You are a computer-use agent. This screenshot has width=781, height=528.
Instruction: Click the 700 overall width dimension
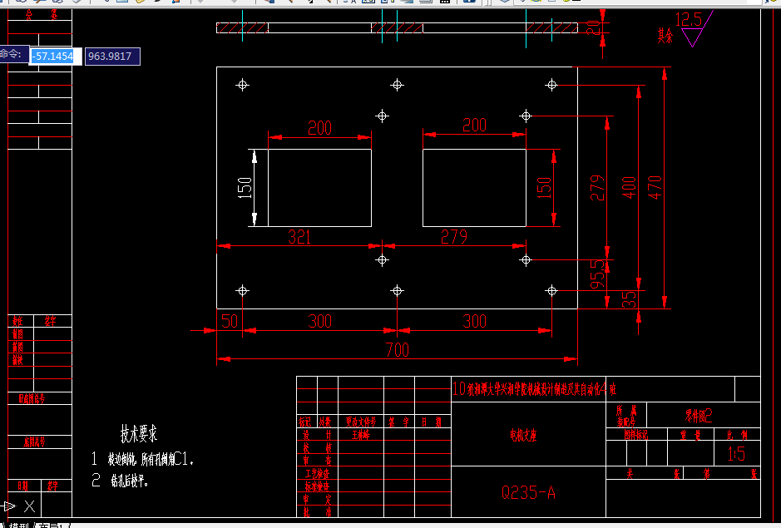(x=397, y=350)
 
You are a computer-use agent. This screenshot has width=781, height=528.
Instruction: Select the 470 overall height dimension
(x=655, y=190)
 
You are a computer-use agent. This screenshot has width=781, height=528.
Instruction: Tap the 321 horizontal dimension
(x=299, y=237)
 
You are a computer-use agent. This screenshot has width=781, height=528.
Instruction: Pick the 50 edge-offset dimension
(x=229, y=321)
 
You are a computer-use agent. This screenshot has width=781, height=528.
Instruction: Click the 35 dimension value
(x=630, y=297)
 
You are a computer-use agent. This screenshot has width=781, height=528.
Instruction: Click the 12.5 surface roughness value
(x=689, y=19)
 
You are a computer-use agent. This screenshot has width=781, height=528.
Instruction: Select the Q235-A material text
(x=528, y=492)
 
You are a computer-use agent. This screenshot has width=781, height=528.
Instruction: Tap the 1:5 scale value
(x=736, y=454)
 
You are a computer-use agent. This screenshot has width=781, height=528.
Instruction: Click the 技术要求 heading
(x=139, y=433)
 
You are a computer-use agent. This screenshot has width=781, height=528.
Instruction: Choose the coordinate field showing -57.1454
(x=55, y=57)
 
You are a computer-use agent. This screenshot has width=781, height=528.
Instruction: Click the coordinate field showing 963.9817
(x=112, y=57)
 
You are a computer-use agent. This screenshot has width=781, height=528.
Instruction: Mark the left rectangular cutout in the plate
(x=319, y=188)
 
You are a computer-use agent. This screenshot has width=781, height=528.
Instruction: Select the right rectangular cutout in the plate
(x=474, y=188)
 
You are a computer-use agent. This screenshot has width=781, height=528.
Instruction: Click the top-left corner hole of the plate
(x=243, y=85)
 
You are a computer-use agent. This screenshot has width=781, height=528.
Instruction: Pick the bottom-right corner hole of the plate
(x=551, y=290)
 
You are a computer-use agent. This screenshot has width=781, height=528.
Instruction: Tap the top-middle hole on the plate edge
(x=398, y=85)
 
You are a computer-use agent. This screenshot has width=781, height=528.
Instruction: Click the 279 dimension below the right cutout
(x=454, y=237)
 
